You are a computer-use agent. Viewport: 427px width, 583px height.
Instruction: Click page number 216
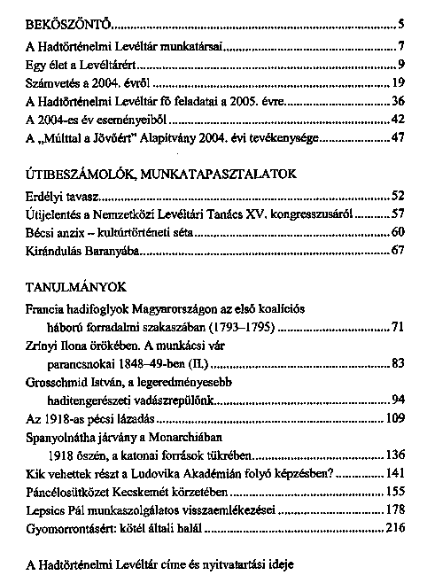coord(394,529)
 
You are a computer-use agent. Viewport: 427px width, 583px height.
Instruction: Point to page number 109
coord(394,417)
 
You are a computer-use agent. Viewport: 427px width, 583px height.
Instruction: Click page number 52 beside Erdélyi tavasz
coord(397,194)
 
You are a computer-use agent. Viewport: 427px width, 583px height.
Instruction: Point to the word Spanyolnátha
coord(63,436)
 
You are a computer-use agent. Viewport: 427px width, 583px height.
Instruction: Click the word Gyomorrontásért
coord(72,529)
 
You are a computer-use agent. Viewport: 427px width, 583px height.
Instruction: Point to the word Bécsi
coord(41,231)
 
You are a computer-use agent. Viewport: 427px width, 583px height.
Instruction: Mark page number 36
coord(397,102)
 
